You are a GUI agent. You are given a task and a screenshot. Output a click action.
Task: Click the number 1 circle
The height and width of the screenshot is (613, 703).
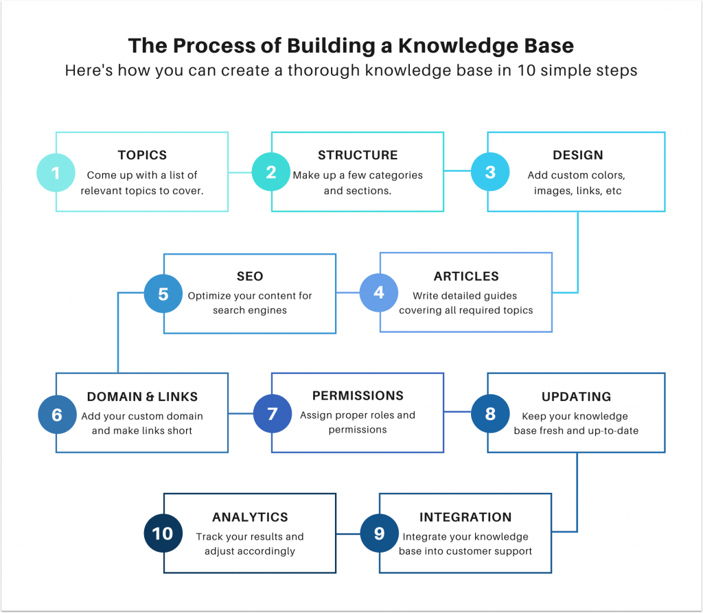(56, 172)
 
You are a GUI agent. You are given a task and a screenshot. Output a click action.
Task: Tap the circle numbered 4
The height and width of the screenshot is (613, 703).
(379, 292)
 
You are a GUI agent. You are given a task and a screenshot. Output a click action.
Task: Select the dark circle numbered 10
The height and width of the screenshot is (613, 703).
(163, 533)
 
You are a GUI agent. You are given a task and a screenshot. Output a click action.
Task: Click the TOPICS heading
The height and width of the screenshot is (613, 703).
(142, 155)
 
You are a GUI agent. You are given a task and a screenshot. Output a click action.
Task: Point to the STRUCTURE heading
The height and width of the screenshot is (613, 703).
(358, 155)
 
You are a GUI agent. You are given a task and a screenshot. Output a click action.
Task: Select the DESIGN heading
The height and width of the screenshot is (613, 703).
(577, 155)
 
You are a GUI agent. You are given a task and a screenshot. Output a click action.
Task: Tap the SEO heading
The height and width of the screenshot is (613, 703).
(250, 276)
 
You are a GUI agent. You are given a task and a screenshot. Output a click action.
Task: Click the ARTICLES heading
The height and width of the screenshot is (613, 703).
(466, 276)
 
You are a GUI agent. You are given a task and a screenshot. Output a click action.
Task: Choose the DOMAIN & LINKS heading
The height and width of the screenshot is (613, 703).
(142, 397)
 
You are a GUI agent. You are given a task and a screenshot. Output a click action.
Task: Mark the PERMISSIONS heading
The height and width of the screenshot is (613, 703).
(358, 396)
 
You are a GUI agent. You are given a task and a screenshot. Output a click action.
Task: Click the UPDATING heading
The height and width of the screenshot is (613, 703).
(576, 397)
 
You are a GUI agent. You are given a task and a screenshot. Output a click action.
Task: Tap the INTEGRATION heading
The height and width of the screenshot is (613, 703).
(465, 517)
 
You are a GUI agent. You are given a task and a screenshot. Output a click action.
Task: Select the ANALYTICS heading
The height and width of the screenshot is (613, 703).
(250, 517)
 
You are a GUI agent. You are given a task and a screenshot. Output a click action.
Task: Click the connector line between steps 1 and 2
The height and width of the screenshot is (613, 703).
(240, 172)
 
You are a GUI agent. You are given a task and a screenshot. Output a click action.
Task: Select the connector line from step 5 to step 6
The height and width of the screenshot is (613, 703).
(118, 329)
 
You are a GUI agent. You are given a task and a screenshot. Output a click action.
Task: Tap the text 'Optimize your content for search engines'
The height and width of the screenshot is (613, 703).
(250, 303)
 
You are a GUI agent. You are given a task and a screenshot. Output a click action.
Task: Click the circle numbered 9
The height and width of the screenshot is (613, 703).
(379, 533)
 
